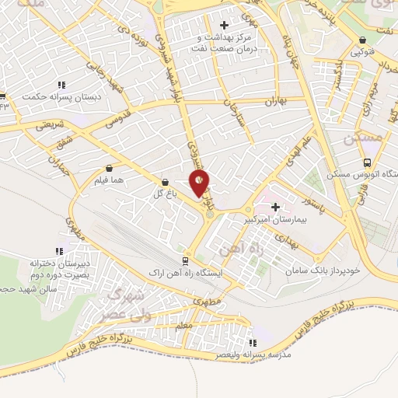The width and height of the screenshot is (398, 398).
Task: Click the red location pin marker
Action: click(x=201, y=183)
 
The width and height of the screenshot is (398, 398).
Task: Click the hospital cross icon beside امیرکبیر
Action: click(x=276, y=206)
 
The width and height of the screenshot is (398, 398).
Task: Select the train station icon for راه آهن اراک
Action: click(x=184, y=261)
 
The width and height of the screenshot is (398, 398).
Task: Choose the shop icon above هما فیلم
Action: click(x=108, y=167)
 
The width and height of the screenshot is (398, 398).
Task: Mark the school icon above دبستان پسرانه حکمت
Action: click(x=61, y=86)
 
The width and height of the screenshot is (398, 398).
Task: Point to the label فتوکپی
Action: click(x=363, y=52)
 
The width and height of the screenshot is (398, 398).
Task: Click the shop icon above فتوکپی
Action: click(x=362, y=41)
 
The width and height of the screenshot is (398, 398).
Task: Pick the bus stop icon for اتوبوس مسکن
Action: click(x=368, y=163)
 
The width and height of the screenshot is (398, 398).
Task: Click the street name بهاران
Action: click(x=276, y=101)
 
